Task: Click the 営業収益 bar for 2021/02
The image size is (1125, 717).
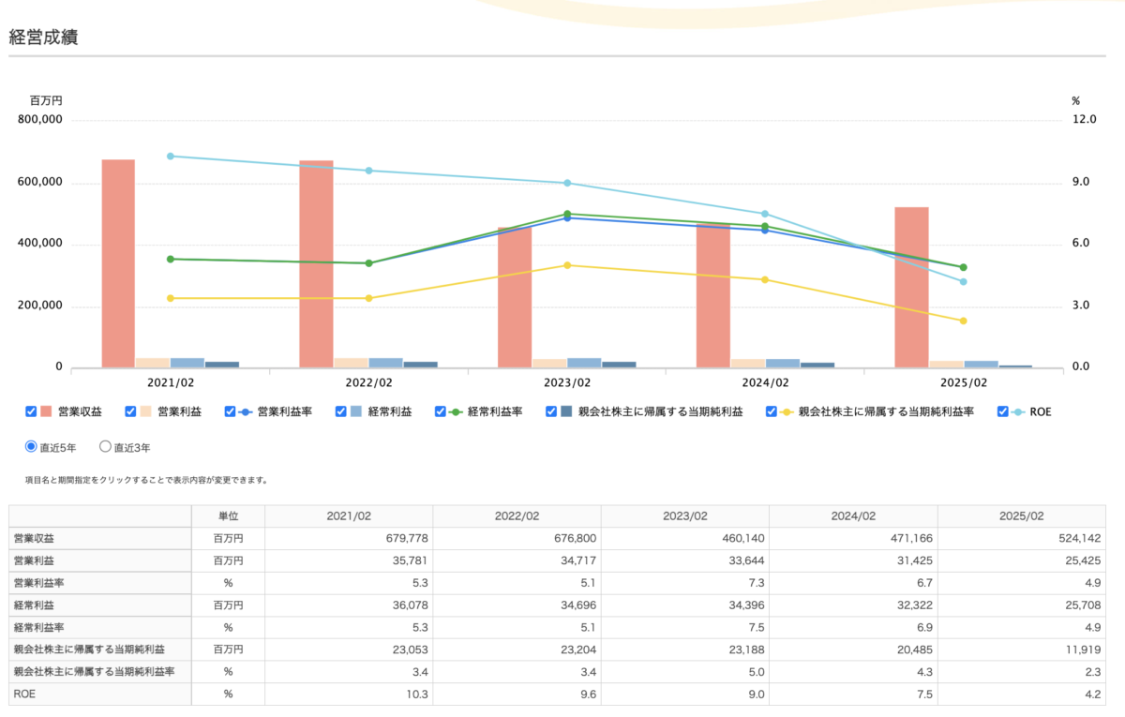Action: pyautogui.click(x=118, y=263)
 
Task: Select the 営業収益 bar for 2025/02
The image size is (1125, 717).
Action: pyautogui.click(x=911, y=287)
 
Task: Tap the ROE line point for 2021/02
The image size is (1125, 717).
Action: pyautogui.click(x=171, y=156)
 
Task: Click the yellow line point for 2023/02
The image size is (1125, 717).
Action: pyautogui.click(x=567, y=265)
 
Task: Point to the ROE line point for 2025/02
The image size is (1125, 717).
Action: pyautogui.click(x=963, y=281)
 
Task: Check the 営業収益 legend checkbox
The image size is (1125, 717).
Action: pyautogui.click(x=31, y=411)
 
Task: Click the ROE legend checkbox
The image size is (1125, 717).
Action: pyautogui.click(x=1003, y=411)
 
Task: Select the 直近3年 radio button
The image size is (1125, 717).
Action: pyautogui.click(x=105, y=447)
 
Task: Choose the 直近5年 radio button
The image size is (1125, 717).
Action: pyautogui.click(x=31, y=447)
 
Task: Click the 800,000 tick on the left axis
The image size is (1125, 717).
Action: pyautogui.click(x=40, y=120)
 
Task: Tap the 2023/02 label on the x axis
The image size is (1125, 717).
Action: pyautogui.click(x=566, y=382)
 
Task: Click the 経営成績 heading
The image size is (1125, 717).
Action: pyautogui.click(x=43, y=37)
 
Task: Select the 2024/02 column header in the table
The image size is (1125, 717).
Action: pyautogui.click(x=853, y=516)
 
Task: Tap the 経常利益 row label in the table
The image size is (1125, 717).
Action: pyautogui.click(x=34, y=605)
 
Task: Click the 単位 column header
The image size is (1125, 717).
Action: pyautogui.click(x=228, y=516)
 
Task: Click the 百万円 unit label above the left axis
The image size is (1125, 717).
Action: pyautogui.click(x=46, y=100)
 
